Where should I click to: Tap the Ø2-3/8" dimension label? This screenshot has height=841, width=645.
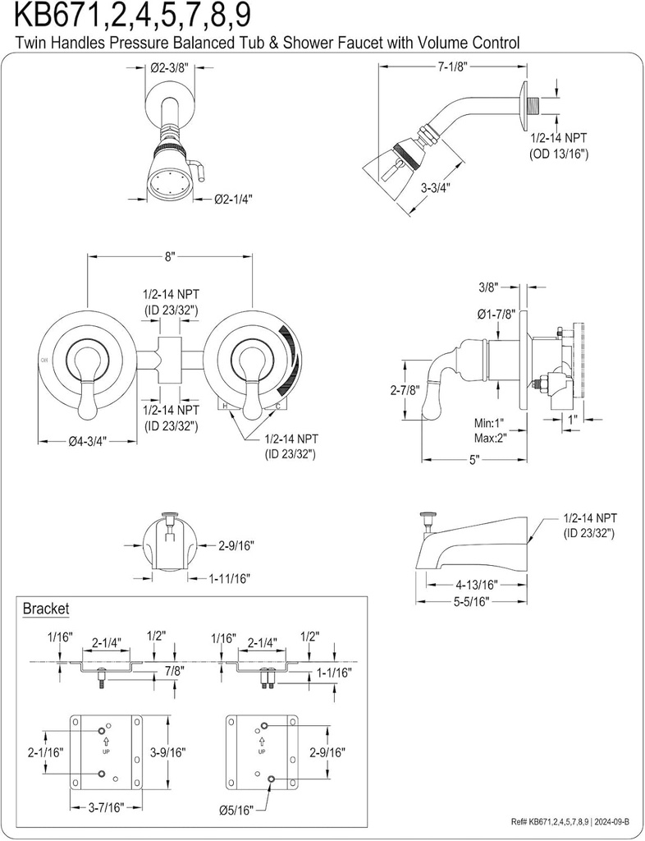[x=172, y=70]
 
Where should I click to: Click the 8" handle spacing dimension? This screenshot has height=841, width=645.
[x=170, y=256]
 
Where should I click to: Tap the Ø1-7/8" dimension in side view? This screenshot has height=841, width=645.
[x=496, y=314]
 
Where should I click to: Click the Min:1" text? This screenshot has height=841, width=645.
[x=489, y=423]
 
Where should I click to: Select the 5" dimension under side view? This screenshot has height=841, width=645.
[x=473, y=461]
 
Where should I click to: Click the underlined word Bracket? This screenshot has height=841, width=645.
[x=46, y=609]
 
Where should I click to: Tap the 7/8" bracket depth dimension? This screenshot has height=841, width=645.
[x=173, y=670]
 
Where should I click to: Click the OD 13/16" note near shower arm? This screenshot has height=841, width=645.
[x=558, y=153]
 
